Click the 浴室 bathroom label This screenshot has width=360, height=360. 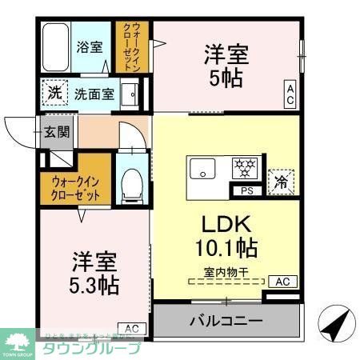[x=90, y=46]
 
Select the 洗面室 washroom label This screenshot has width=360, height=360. [x=94, y=94]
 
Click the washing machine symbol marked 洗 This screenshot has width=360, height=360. [x=54, y=94]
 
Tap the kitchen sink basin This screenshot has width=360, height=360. [x=202, y=170]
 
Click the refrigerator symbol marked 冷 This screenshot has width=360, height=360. [x=279, y=181]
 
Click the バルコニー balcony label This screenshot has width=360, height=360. [x=226, y=322]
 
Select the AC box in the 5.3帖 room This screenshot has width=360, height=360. [x=132, y=328]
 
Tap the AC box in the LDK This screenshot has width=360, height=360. [x=282, y=281]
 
